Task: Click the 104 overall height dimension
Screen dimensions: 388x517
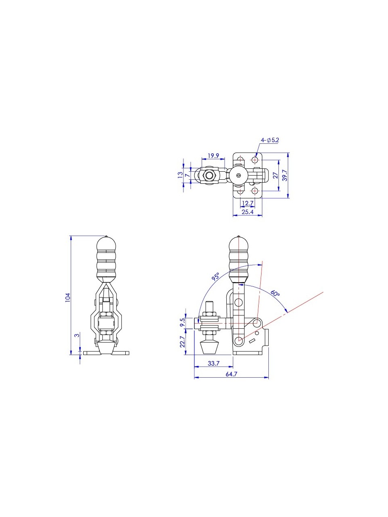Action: coord(68,298)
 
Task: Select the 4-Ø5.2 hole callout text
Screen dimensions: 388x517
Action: coord(270,140)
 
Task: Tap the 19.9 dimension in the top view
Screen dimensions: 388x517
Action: coord(213,156)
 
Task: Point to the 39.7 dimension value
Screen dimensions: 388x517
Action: coord(285,175)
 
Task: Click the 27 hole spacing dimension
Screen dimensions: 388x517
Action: coord(275,175)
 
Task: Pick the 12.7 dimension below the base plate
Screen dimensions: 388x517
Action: coord(248,203)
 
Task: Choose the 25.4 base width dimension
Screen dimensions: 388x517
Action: coord(248,212)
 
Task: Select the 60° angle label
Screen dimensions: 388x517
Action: coord(275,294)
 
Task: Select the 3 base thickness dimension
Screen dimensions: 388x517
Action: coord(77,335)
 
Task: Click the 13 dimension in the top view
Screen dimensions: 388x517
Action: coord(180,175)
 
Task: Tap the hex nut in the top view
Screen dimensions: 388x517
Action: coord(209,175)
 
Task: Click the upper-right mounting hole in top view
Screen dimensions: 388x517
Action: coord(255,160)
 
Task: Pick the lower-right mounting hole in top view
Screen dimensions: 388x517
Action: coord(255,191)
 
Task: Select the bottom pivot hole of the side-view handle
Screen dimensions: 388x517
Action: coord(239,340)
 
